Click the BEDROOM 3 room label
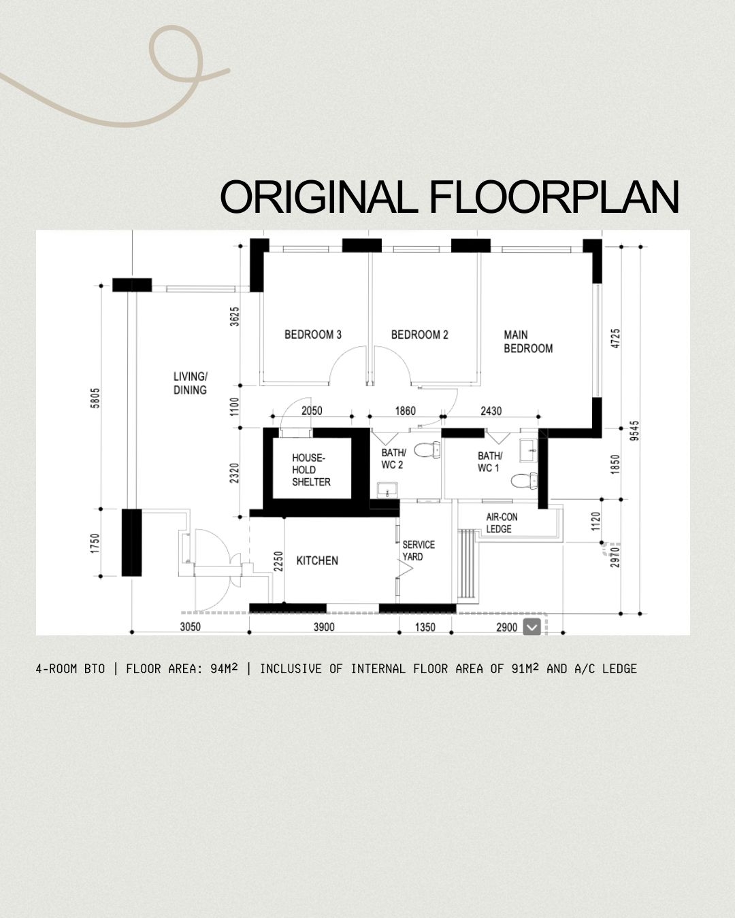point(313,335)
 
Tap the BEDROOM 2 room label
point(420,335)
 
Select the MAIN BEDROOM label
point(528,341)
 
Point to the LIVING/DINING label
point(190,383)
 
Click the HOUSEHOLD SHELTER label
point(311,470)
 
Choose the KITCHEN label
point(317,560)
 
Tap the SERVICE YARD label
point(419,551)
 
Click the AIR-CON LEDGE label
point(502,523)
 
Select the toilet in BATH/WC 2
point(427,450)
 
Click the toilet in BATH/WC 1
point(525,481)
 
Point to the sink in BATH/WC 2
point(387,490)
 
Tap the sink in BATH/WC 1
point(529,450)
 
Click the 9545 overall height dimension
point(635,430)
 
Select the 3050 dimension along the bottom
point(190,627)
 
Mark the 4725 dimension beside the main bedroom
point(615,338)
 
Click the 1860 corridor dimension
point(406,411)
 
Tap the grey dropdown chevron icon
point(532,627)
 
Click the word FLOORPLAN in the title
point(554,197)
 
